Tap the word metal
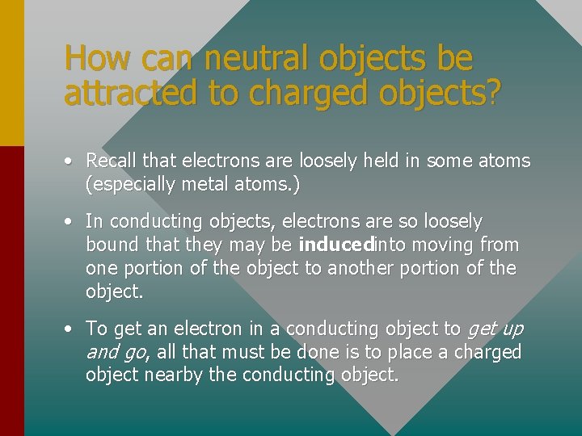(x=203, y=185)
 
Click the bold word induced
(x=334, y=245)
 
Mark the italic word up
(x=512, y=329)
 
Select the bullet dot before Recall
(x=71, y=161)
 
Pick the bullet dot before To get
(x=71, y=329)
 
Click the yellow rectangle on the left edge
(x=11, y=73)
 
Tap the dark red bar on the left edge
(x=11, y=291)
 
